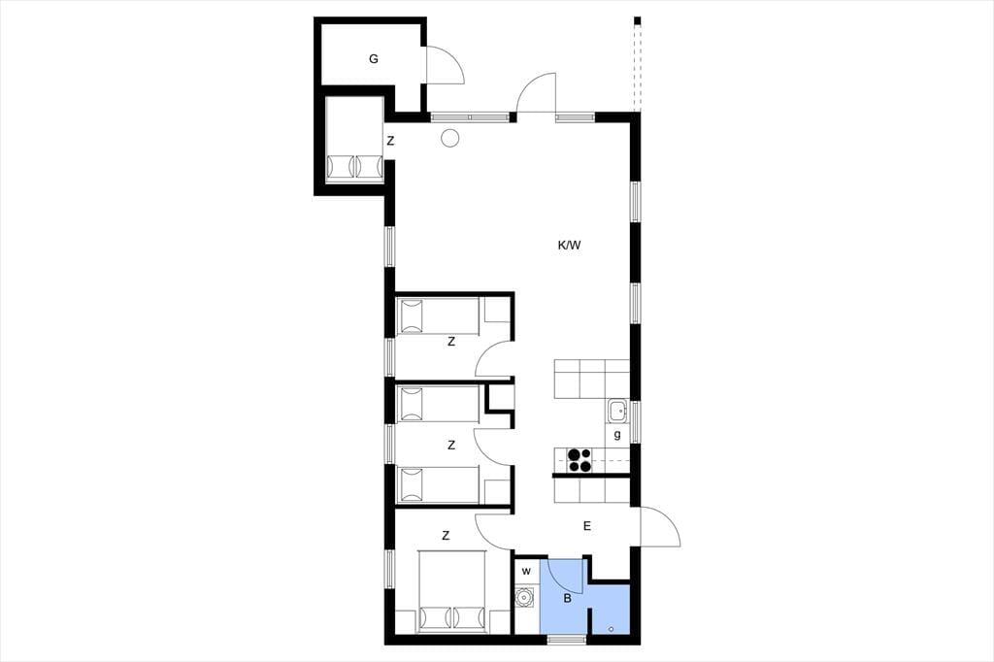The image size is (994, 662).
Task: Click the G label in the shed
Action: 374,59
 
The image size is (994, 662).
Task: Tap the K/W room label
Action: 569,246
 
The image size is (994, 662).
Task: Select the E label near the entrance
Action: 587,526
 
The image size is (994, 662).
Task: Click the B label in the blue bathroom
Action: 567,598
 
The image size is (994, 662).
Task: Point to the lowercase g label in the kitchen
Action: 616,435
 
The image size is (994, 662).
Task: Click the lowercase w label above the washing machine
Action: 526,572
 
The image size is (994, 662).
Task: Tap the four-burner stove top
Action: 580,460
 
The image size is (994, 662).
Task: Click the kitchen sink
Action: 616,411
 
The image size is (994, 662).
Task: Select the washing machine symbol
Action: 524,597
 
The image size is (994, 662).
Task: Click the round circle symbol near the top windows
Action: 449,138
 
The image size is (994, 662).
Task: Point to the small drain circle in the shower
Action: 612,629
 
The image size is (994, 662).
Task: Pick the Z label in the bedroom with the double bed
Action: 446,536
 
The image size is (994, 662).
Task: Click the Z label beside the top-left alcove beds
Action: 390,141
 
